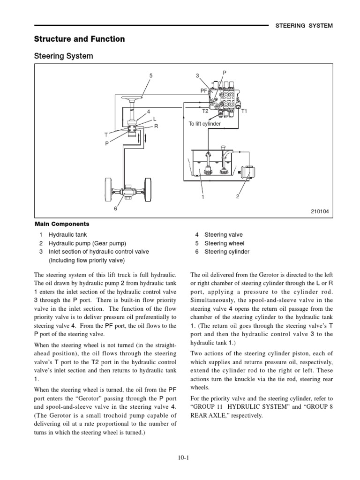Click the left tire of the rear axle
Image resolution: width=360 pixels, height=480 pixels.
pos(107,191)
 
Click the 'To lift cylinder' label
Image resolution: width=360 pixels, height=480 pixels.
pos(205,124)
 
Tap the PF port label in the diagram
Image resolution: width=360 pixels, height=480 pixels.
pos(204,92)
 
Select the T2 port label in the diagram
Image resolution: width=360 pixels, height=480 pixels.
pos(205,112)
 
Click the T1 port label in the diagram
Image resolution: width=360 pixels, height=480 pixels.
pos(244,112)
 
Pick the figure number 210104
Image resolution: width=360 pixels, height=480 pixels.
pos(320,212)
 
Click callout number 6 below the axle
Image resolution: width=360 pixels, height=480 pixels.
pos(115,209)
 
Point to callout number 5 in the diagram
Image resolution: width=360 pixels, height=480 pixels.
pos(151,75)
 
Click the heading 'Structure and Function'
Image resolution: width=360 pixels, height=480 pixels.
pos(80,39)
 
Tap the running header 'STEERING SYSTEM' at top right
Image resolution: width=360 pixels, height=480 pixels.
pos(303,26)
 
